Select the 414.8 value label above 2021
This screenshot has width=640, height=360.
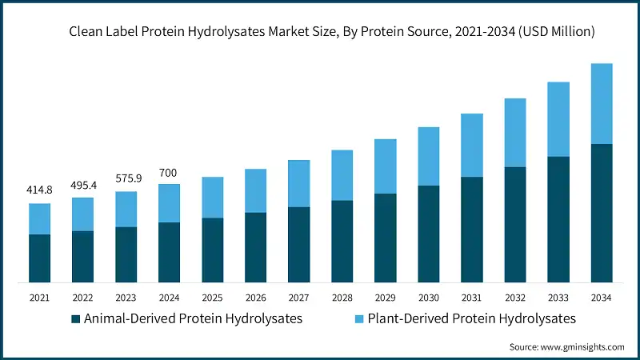tap(39, 190)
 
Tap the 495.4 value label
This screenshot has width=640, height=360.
tap(82, 185)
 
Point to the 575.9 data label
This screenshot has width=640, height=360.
tap(126, 178)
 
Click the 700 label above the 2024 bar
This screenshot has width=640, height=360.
tap(169, 172)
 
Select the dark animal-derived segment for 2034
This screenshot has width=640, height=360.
tap(601, 213)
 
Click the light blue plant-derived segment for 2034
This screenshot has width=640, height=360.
tap(601, 104)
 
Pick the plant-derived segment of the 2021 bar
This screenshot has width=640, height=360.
tap(39, 218)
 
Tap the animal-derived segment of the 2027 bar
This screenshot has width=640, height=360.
tap(298, 244)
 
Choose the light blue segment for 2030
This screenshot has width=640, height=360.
tap(428, 156)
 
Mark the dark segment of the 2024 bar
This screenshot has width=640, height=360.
tap(169, 252)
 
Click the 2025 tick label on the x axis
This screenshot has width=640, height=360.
tap(212, 297)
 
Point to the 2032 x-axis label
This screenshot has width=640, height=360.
tap(514, 297)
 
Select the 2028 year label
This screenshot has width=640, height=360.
tap(342, 297)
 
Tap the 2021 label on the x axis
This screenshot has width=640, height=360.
tap(39, 297)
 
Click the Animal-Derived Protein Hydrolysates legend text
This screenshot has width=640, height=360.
tap(193, 318)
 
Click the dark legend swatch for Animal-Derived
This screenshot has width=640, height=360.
tap(76, 319)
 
